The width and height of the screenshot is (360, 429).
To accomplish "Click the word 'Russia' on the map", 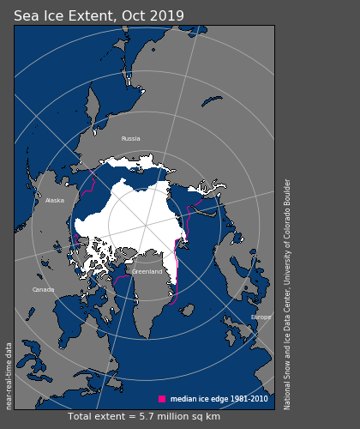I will tap(130, 138).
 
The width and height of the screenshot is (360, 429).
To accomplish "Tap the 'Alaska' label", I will tap(55, 201).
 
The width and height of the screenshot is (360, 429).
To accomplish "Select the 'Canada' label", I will tap(43, 290).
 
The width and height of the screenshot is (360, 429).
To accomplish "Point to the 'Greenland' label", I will tap(147, 272).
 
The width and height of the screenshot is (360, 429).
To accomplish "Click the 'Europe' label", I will tap(261, 317).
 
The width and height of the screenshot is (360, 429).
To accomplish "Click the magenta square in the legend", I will tap(162, 399).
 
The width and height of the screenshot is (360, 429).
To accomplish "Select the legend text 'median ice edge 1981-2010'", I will tap(219, 399).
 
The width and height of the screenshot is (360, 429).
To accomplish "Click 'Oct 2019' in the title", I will tap(155, 16).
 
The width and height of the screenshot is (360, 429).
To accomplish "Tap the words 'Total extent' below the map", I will tap(95, 417).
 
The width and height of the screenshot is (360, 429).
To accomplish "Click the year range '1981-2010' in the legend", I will tap(247, 399).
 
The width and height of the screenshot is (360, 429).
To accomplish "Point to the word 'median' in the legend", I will tap(183, 399).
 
